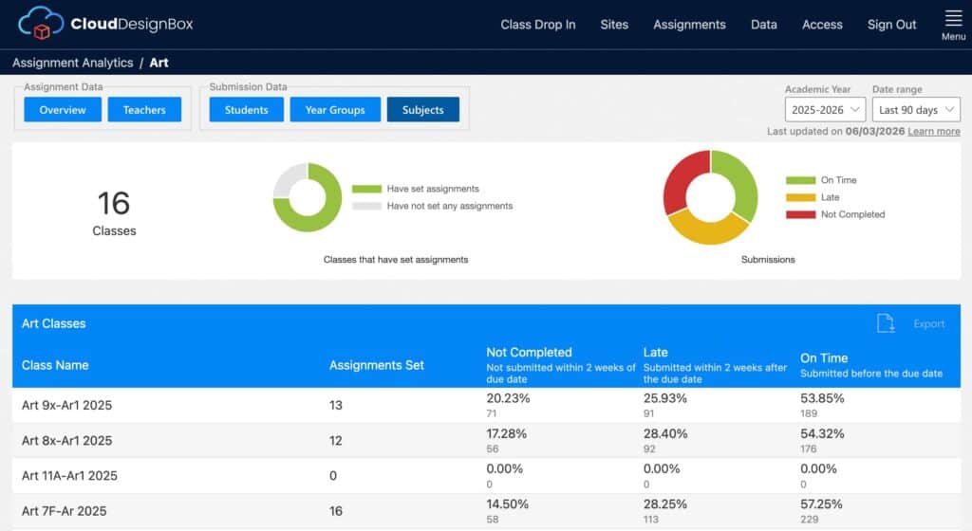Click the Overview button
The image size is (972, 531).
coord(63,110)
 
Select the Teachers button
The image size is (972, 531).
coord(144,110)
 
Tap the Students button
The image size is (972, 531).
coord(246,110)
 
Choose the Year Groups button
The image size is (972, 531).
coord(335,110)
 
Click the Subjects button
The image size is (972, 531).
coord(422,110)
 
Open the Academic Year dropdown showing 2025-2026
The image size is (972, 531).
coord(825,110)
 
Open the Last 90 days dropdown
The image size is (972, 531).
coord(916,110)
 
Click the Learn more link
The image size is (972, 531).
coord(934,131)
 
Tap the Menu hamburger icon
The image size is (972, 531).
coord(953,19)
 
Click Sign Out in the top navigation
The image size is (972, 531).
coord(891,25)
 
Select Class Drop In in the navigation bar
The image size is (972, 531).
coord(538,25)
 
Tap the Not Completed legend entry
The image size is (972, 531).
coord(835,214)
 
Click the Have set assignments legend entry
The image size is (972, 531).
coord(416,189)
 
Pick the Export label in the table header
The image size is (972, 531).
coord(928,323)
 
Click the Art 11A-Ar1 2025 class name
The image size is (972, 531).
coord(69,476)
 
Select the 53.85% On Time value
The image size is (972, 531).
coord(822,398)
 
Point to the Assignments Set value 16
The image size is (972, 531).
coord(335,511)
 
